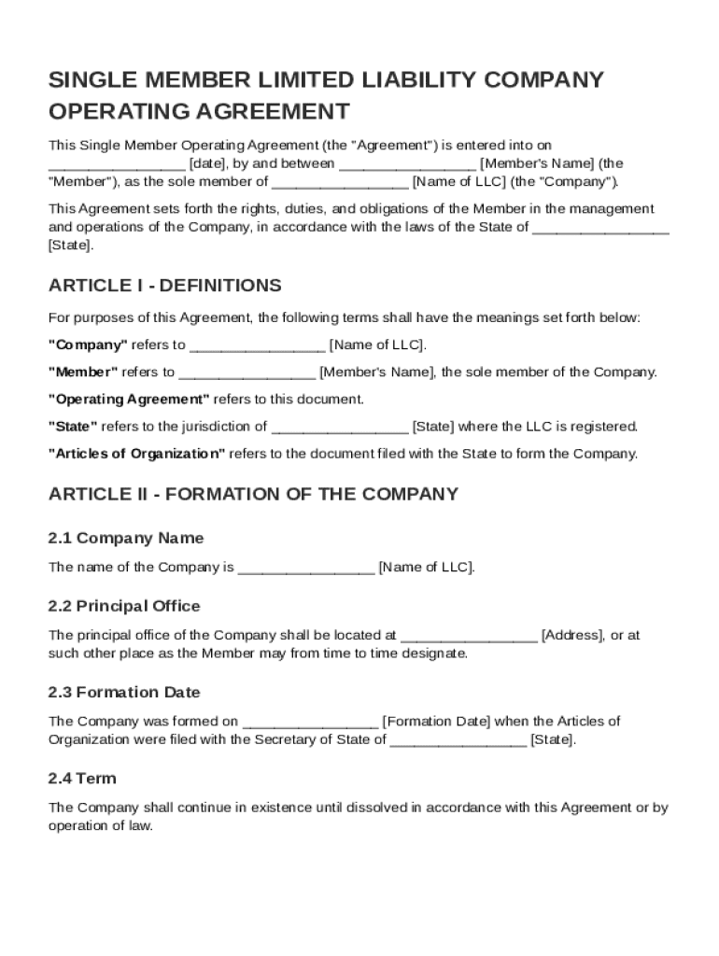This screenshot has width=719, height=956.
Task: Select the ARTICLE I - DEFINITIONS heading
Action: tap(164, 286)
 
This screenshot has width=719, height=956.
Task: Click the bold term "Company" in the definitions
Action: tap(88, 345)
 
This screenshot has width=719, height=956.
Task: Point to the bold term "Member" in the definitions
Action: tap(83, 373)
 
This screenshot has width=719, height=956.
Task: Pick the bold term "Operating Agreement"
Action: tap(129, 400)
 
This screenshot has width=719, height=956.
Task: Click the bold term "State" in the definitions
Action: tap(73, 427)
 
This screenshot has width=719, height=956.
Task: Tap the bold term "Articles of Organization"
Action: tap(136, 455)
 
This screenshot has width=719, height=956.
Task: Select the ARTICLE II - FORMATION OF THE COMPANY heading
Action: tap(253, 494)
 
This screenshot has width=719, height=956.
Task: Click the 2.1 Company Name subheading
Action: tap(125, 539)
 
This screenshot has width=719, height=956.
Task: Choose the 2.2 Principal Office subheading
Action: tap(123, 606)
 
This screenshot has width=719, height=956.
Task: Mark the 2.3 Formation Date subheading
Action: tap(124, 693)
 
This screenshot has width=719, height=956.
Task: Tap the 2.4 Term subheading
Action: tap(82, 779)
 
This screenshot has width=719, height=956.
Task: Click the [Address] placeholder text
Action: tap(572, 636)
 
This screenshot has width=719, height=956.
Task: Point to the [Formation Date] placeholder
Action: tap(436, 722)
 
